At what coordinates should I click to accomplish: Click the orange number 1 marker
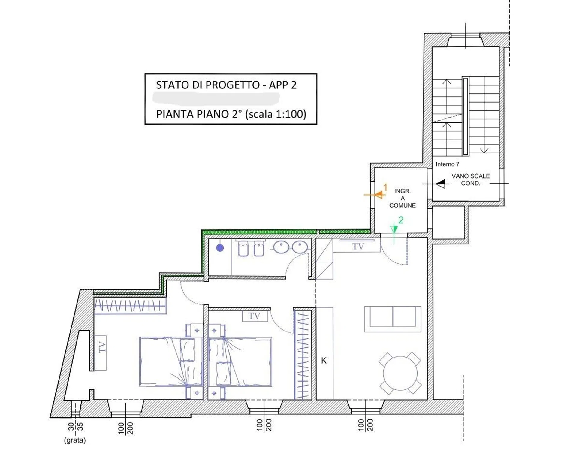click(385, 187)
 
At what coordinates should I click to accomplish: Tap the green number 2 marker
click(401, 220)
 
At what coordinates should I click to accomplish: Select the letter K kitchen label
click(324, 360)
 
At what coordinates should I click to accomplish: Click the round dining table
click(400, 373)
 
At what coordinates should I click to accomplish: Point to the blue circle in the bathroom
click(220, 248)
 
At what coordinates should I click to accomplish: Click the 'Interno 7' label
click(447, 164)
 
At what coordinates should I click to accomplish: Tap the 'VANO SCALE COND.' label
click(470, 179)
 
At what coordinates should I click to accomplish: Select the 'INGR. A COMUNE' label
click(402, 198)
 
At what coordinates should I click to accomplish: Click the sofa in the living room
click(393, 319)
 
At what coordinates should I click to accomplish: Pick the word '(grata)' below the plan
click(75, 440)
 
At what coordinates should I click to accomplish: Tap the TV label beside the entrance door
click(358, 246)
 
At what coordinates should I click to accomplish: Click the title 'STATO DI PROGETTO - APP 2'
click(226, 85)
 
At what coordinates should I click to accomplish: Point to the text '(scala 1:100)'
click(276, 114)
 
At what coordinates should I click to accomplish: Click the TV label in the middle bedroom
click(254, 316)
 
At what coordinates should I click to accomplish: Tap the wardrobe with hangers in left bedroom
click(130, 306)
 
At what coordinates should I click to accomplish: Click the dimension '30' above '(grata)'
click(71, 426)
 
